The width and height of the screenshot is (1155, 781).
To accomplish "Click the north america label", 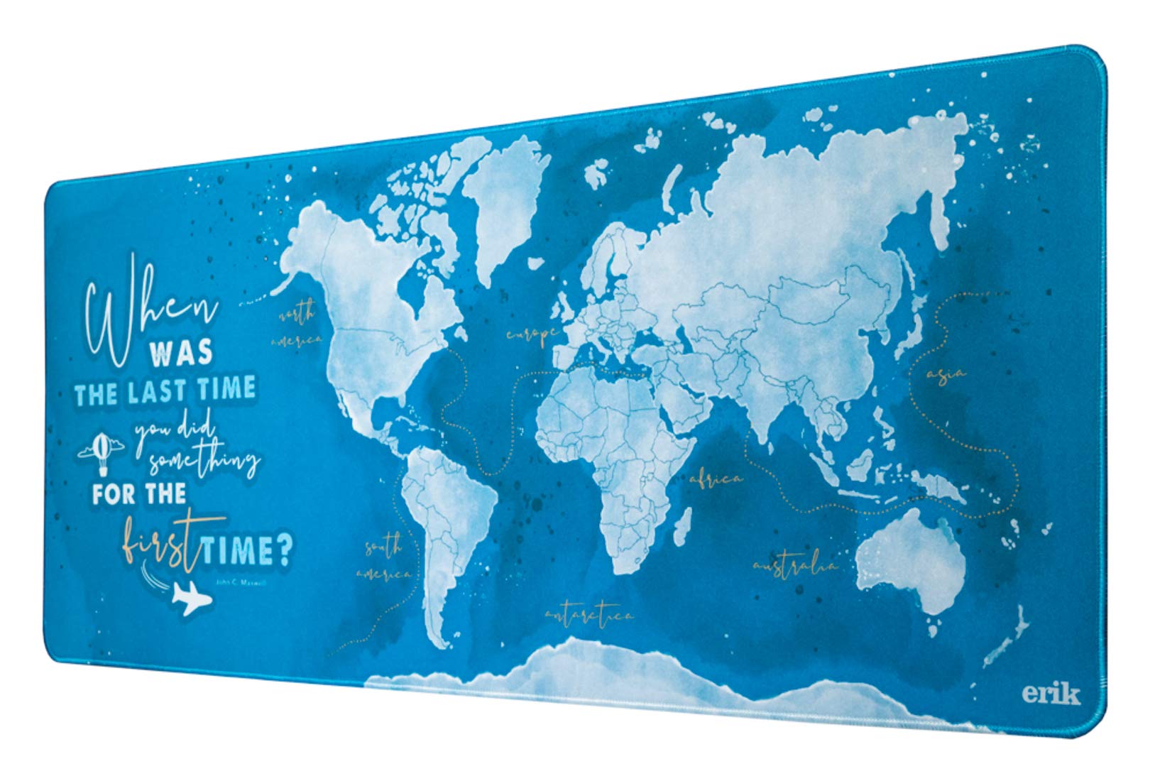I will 298,327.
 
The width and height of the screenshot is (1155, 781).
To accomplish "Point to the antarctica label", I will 589,615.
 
